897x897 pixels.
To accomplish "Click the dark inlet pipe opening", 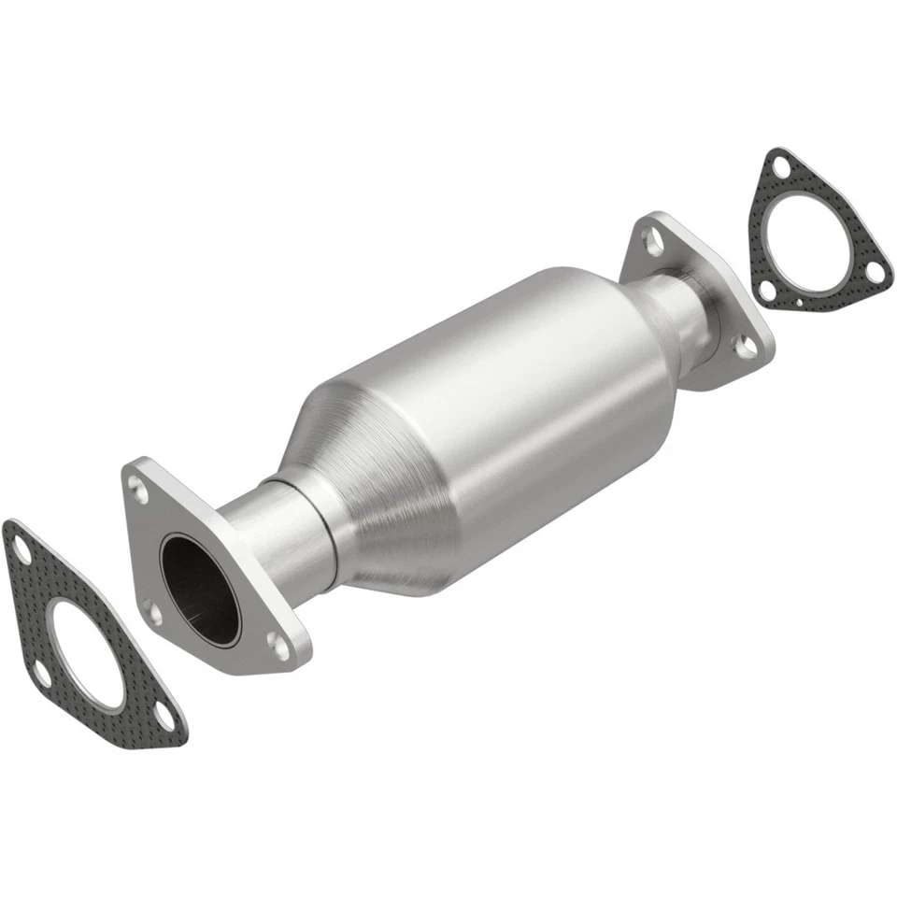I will click(198, 585).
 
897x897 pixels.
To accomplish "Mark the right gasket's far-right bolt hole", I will click(874, 270).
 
